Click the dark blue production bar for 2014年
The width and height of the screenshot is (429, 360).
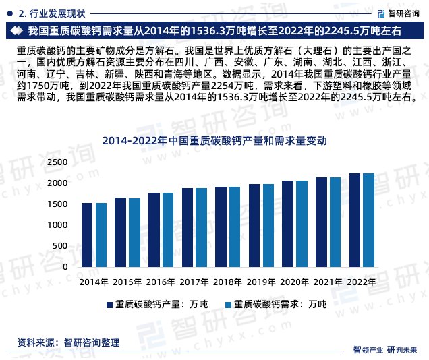(x=87, y=235)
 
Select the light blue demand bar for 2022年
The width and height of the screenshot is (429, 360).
(x=368, y=220)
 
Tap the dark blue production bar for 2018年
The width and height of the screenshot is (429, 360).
(x=221, y=227)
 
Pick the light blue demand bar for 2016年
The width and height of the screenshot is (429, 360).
(x=167, y=230)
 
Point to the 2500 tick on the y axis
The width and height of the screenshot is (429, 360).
(x=59, y=162)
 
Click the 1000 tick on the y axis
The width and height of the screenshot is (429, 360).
(x=59, y=225)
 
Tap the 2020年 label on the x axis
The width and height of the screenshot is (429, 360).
(x=295, y=282)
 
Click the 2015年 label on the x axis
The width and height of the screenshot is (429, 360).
(x=127, y=282)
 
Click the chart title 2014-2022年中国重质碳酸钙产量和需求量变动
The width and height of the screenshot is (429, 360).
(x=214, y=142)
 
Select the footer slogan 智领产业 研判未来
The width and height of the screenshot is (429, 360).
(x=385, y=349)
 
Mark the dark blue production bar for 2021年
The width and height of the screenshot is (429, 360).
(x=321, y=222)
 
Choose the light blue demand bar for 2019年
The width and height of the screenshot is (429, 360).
(x=268, y=225)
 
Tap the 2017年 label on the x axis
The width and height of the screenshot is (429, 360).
(x=194, y=282)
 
